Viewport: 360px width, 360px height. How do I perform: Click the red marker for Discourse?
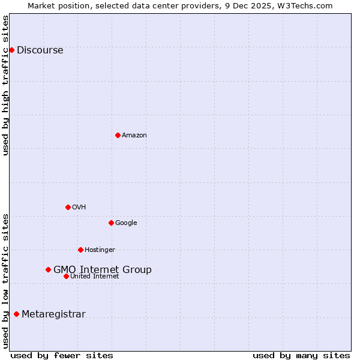coord(11,50)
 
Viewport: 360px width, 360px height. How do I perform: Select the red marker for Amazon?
coord(118,135)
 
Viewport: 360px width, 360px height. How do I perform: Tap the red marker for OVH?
coord(68,207)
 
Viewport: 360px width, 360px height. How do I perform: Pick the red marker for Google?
coord(111,223)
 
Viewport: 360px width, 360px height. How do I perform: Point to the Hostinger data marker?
coord(80,250)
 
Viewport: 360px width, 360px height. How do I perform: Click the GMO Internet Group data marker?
coord(48,269)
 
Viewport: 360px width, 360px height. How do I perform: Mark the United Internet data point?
coord(66,276)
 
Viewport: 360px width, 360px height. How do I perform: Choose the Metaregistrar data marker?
coord(16,314)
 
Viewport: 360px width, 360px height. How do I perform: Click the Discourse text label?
coord(40,50)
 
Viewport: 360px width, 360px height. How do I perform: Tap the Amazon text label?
coord(134,136)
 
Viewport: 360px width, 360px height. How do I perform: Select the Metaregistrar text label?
coord(54,314)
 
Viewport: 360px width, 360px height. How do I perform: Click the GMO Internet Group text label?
coord(103,270)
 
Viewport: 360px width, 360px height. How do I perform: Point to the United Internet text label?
coord(95,277)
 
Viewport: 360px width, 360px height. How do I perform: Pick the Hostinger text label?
coord(100,250)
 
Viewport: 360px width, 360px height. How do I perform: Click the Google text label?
coord(126,223)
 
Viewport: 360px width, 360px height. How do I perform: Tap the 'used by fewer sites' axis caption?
coord(62,355)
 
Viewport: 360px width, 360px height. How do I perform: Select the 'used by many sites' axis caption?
coord(301,355)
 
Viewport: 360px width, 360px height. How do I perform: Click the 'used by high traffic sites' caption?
coord(6,85)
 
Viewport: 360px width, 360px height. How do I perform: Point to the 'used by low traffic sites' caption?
coord(6,281)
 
